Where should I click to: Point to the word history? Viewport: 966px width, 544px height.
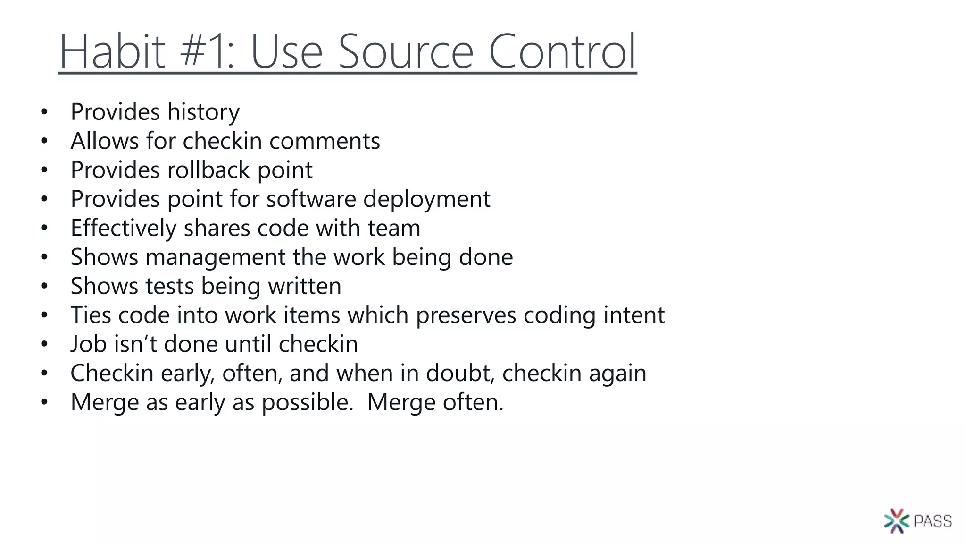click(x=203, y=112)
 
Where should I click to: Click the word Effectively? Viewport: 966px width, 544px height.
click(x=123, y=228)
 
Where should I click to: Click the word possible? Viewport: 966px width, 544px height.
click(x=307, y=402)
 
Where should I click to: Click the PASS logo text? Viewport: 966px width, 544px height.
click(x=933, y=521)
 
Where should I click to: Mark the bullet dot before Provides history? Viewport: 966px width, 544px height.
click(x=44, y=112)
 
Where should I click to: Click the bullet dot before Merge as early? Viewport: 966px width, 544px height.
click(x=44, y=402)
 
